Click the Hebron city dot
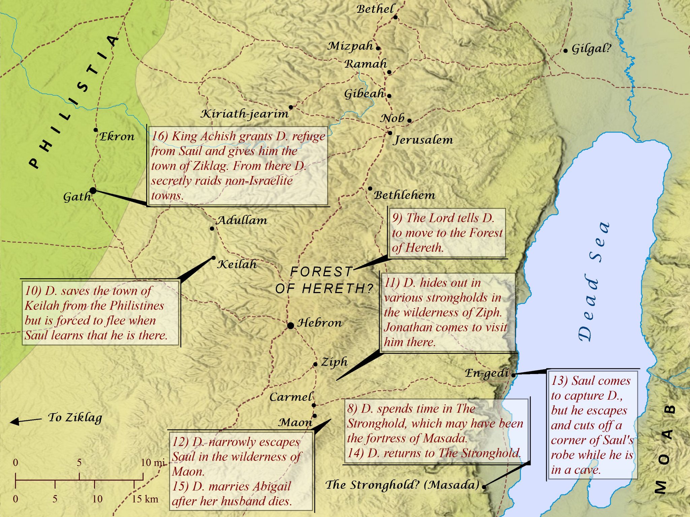[x=290, y=326]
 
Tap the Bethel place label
[x=375, y=9]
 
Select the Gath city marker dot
[x=93, y=191]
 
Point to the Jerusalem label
[x=424, y=140]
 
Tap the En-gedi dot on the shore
[x=513, y=375]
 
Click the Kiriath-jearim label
[x=245, y=114]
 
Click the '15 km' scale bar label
[x=145, y=499]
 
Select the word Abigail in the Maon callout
[x=272, y=486]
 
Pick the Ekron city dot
[x=96, y=130]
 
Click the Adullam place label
[x=242, y=221]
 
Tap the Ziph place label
[x=334, y=362]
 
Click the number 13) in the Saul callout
[x=559, y=381]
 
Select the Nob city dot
[x=409, y=120]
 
